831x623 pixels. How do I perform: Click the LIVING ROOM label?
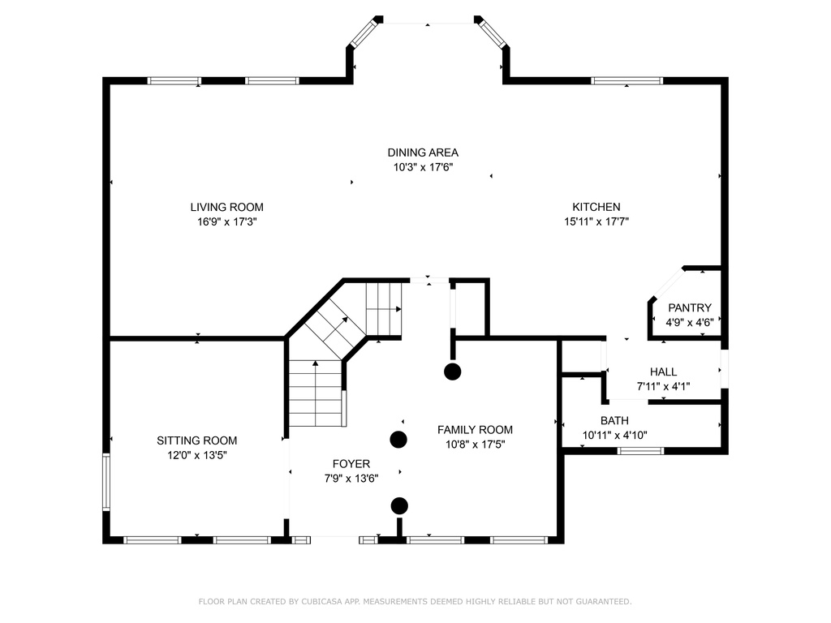click(227, 207)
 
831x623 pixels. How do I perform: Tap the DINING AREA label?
click(423, 153)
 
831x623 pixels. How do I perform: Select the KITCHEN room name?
click(596, 207)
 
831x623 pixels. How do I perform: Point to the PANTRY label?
click(690, 307)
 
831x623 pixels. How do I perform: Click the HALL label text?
click(663, 372)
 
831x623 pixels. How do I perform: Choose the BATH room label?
click(615, 421)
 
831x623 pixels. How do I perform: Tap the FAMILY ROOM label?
click(475, 430)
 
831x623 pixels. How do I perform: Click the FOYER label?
click(351, 464)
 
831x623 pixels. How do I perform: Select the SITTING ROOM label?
click(196, 440)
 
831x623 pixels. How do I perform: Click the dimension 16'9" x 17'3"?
click(227, 221)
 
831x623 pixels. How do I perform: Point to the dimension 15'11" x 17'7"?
click(596, 221)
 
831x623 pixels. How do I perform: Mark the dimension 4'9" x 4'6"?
click(690, 322)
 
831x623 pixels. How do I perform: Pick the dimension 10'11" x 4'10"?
click(615, 436)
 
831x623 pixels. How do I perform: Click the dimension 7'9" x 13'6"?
click(351, 479)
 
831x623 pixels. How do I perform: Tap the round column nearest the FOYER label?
click(398, 439)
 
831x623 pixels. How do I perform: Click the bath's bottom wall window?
click(640, 451)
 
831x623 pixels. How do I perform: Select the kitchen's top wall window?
click(627, 81)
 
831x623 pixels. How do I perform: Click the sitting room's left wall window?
click(106, 482)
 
